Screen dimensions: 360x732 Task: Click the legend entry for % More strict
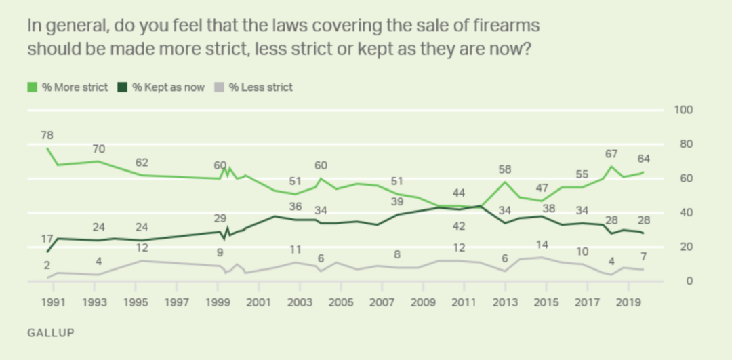(68, 87)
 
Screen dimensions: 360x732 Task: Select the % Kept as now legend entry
(162, 87)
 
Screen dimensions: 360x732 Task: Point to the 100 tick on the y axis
(682, 110)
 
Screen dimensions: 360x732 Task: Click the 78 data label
(47, 135)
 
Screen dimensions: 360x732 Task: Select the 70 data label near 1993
(99, 148)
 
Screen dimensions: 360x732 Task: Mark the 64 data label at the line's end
(644, 159)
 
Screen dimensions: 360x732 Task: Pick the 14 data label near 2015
(542, 244)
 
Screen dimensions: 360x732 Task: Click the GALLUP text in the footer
(50, 333)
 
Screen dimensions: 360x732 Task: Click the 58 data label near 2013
(504, 168)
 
